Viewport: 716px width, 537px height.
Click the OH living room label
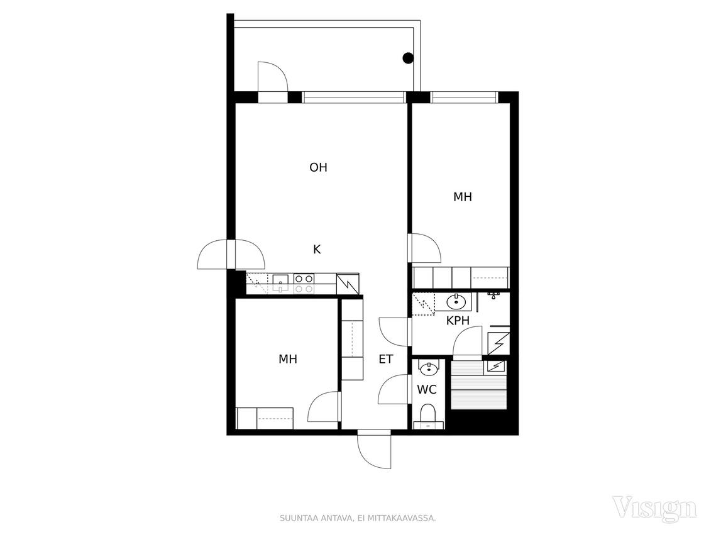tap(318, 168)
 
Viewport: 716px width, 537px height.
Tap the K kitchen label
tap(317, 249)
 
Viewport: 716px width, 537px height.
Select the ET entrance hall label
tap(386, 360)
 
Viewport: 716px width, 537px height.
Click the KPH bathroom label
tap(458, 321)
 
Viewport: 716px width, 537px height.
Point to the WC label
tap(427, 389)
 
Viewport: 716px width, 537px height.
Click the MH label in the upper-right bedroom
tap(463, 197)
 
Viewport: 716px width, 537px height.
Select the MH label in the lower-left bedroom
tap(288, 360)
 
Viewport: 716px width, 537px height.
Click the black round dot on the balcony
tap(408, 58)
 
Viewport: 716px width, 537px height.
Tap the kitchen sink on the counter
tap(280, 283)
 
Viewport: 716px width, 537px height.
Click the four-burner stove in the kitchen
tap(304, 284)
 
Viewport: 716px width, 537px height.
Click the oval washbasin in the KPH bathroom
tap(455, 302)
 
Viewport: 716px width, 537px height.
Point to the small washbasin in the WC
tap(428, 368)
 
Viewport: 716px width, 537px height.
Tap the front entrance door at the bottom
tap(375, 450)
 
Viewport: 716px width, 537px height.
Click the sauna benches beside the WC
tap(479, 385)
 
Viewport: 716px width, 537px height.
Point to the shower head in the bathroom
tap(493, 296)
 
